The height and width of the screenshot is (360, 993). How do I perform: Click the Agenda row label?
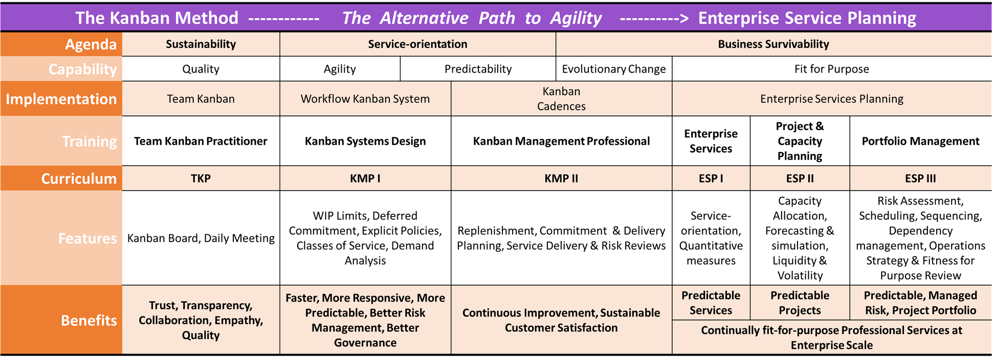click(61, 44)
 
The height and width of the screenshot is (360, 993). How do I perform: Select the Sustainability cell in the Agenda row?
click(201, 44)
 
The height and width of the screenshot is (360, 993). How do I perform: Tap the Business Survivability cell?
click(774, 44)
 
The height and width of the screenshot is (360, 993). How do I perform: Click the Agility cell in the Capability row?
click(340, 69)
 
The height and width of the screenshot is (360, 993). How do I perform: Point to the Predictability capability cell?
click(478, 69)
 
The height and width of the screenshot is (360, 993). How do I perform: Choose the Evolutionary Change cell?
click(614, 69)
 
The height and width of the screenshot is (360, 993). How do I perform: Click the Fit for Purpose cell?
click(832, 69)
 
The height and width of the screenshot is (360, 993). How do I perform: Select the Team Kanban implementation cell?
click(201, 99)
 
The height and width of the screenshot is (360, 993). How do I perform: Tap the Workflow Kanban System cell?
click(365, 99)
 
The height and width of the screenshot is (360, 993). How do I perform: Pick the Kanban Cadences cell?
click(561, 99)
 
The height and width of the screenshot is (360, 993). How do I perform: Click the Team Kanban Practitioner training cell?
click(201, 141)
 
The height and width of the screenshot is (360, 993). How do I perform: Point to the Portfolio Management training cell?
click(921, 141)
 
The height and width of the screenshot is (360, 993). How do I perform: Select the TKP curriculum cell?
click(201, 178)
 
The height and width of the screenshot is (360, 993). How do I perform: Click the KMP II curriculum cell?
click(561, 178)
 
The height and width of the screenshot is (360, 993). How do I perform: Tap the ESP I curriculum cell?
click(711, 178)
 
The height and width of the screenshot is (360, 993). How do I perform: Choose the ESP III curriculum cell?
click(921, 178)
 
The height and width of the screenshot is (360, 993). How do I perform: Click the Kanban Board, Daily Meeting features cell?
click(201, 238)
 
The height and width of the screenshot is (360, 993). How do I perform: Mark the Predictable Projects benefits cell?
click(800, 303)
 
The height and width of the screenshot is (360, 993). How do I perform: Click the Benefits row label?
click(61, 320)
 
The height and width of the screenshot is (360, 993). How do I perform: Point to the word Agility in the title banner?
click(576, 18)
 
